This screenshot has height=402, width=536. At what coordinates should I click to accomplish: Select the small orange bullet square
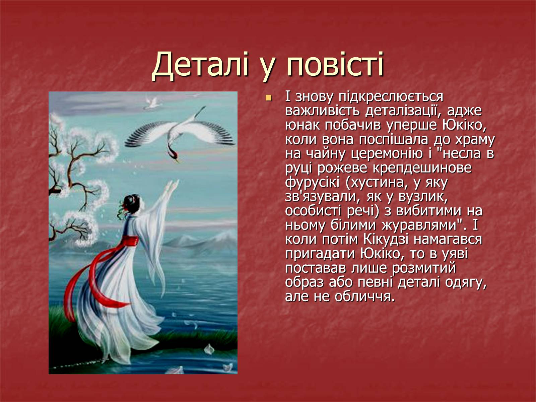268,98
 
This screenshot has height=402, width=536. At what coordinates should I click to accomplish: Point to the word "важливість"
322,111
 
